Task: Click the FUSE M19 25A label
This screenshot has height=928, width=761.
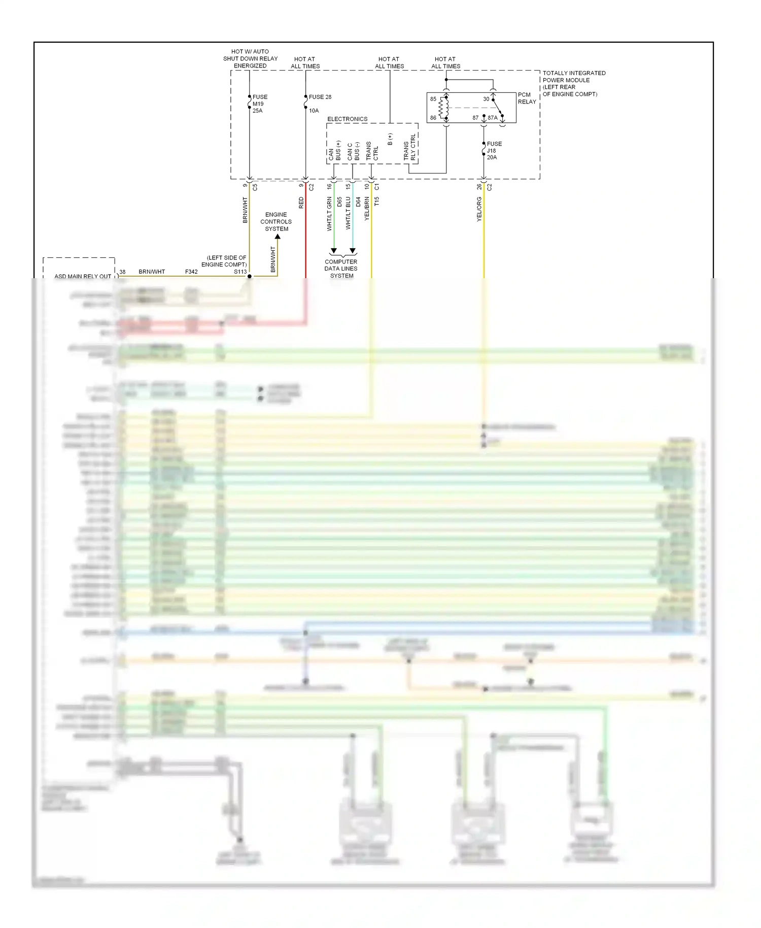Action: pyautogui.click(x=259, y=104)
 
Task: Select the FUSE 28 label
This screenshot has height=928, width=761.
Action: pyautogui.click(x=320, y=97)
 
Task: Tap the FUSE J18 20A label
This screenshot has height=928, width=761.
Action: pyautogui.click(x=494, y=151)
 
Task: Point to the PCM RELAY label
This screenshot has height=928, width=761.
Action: pyautogui.click(x=527, y=98)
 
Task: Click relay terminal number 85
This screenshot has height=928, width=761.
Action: pyautogui.click(x=433, y=99)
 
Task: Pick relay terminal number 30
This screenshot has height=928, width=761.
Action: pyautogui.click(x=486, y=99)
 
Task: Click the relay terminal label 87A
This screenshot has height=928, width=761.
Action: pyautogui.click(x=493, y=118)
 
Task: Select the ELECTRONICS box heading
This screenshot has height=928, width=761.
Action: pyautogui.click(x=347, y=119)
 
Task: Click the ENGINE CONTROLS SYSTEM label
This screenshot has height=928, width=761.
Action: pyautogui.click(x=276, y=222)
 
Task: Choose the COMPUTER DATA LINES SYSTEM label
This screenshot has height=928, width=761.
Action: pyautogui.click(x=341, y=269)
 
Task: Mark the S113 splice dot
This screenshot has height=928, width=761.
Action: pyautogui.click(x=250, y=276)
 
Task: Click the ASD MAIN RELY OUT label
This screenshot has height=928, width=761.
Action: pyautogui.click(x=83, y=276)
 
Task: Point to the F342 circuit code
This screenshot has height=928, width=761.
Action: pyautogui.click(x=191, y=272)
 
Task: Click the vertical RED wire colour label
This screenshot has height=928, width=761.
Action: pyautogui.click(x=301, y=203)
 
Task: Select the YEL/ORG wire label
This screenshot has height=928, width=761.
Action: pyautogui.click(x=479, y=209)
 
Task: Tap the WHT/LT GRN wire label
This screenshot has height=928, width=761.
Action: pyautogui.click(x=329, y=213)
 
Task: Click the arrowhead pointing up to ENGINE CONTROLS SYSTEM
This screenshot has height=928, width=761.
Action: pyautogui.click(x=278, y=237)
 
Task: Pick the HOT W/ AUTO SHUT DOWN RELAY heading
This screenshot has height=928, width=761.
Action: pyautogui.click(x=250, y=58)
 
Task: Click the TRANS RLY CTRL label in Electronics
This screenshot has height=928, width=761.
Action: pyautogui.click(x=409, y=148)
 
